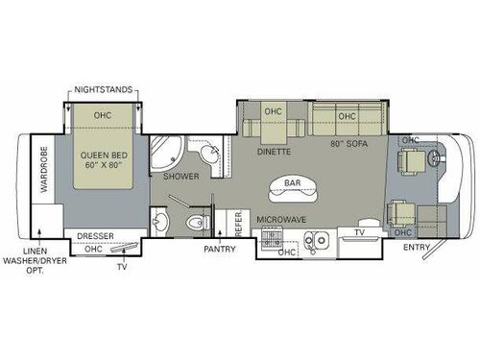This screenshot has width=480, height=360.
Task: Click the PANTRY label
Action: [x=220, y=249]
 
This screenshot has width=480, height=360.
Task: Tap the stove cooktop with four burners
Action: [x=286, y=240]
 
